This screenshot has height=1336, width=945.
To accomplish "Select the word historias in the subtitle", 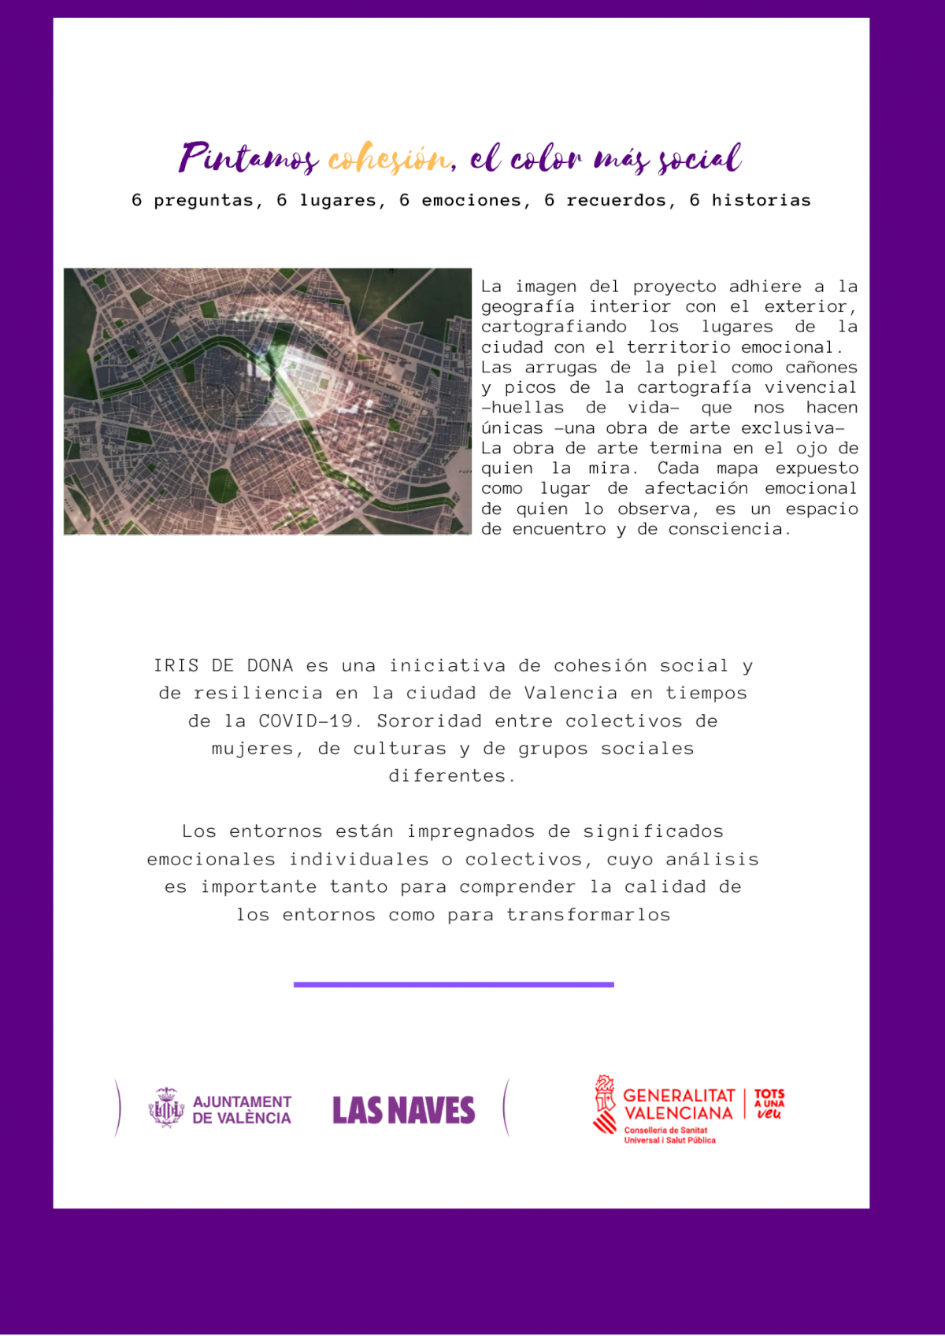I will coord(761,201).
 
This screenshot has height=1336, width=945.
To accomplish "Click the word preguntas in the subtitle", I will coord(204,202).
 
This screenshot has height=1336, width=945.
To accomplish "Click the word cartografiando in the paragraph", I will coord(554,327).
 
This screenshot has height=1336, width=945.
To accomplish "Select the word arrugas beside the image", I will coord(561,368).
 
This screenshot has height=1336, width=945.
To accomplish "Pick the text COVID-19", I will coord(306,721).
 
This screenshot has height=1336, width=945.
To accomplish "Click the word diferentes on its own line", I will coord(451,776).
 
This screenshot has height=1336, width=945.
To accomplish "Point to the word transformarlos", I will coord(588,915).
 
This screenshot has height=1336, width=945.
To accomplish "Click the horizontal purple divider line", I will coord(454,984).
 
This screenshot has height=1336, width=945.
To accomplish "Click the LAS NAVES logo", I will coord(403,1110).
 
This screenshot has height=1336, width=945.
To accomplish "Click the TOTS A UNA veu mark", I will coord(769,1104).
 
